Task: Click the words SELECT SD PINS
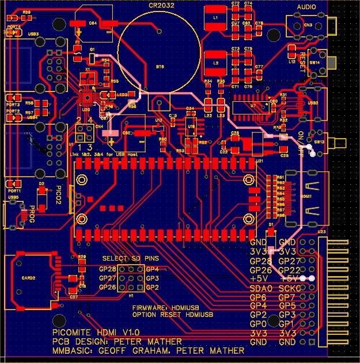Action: pyautogui.click(x=127, y=259)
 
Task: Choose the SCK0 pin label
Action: pyautogui.click(x=291, y=288)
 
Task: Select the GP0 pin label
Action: pyautogui.click(x=259, y=324)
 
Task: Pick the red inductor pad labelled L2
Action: pyautogui.click(x=215, y=61)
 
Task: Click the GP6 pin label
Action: pyautogui.click(x=259, y=297)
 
